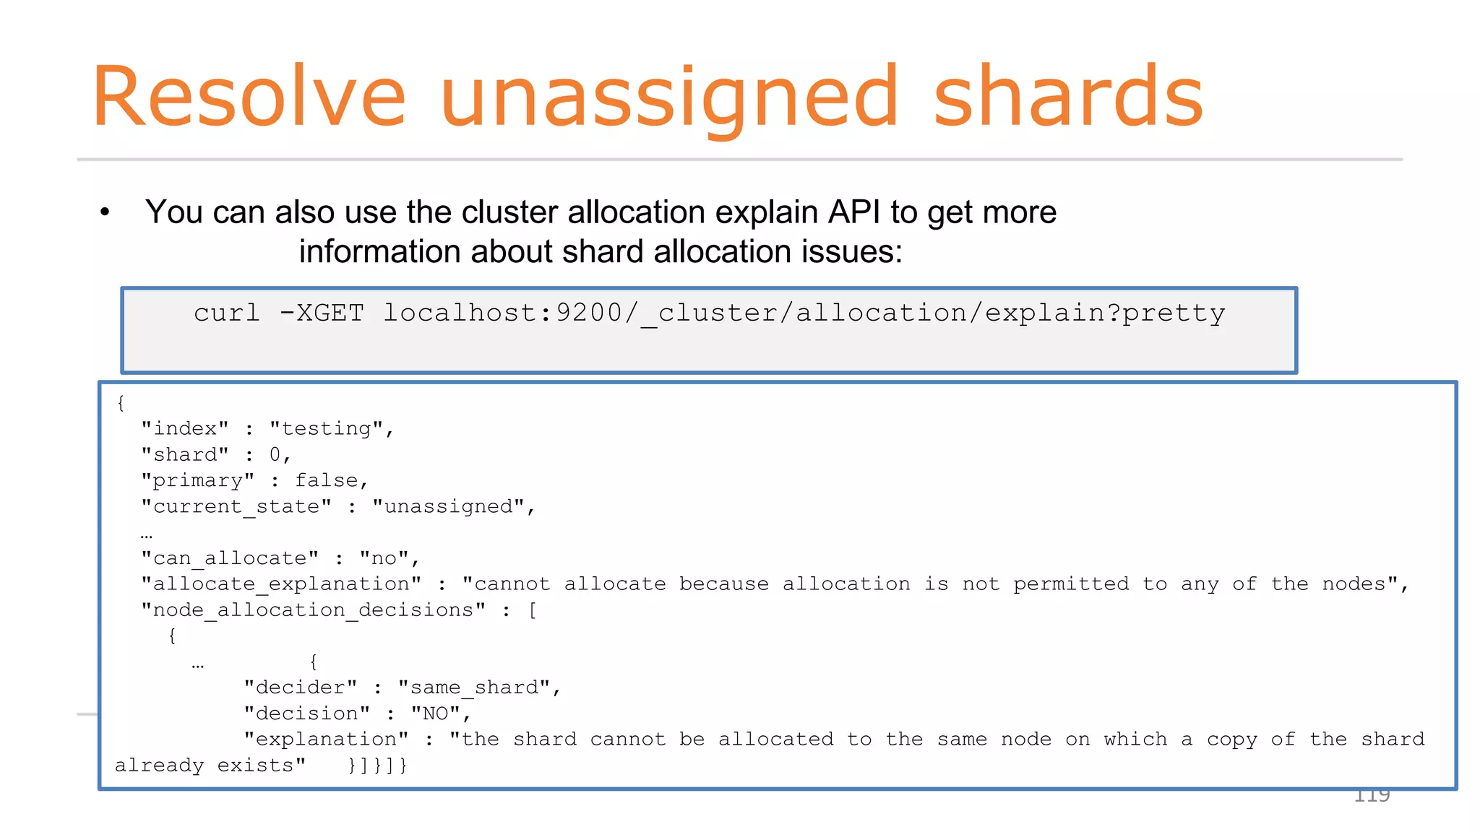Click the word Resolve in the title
tap(249, 97)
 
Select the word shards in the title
tap(1068, 97)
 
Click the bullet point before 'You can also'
tap(106, 212)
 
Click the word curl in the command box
tap(227, 313)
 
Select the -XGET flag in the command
tap(322, 313)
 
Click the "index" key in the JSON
tap(185, 428)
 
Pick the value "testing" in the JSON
tap(327, 428)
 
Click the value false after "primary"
tap(327, 480)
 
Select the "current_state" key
tap(236, 506)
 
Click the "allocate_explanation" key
tap(281, 584)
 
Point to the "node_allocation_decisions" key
tap(313, 610)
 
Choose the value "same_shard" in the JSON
tap(474, 687)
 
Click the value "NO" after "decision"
tap(436, 713)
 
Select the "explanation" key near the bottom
tap(326, 739)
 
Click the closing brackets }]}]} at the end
tap(377, 765)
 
